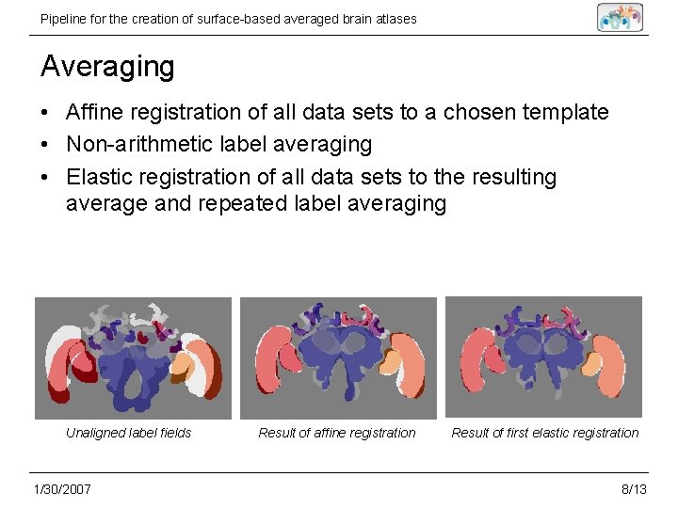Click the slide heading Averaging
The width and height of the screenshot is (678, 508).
coord(107,68)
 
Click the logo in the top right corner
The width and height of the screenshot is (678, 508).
coord(620,17)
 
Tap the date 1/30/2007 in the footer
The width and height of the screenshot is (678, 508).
coord(61,489)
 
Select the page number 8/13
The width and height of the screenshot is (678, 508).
coord(634,489)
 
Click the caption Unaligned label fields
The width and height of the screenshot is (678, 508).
coord(128,433)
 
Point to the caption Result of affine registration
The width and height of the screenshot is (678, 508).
coord(337,433)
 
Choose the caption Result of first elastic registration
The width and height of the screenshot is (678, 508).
coord(544,433)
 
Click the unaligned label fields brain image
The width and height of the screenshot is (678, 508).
coord(133,357)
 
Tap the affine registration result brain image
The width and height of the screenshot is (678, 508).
coord(338,357)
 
